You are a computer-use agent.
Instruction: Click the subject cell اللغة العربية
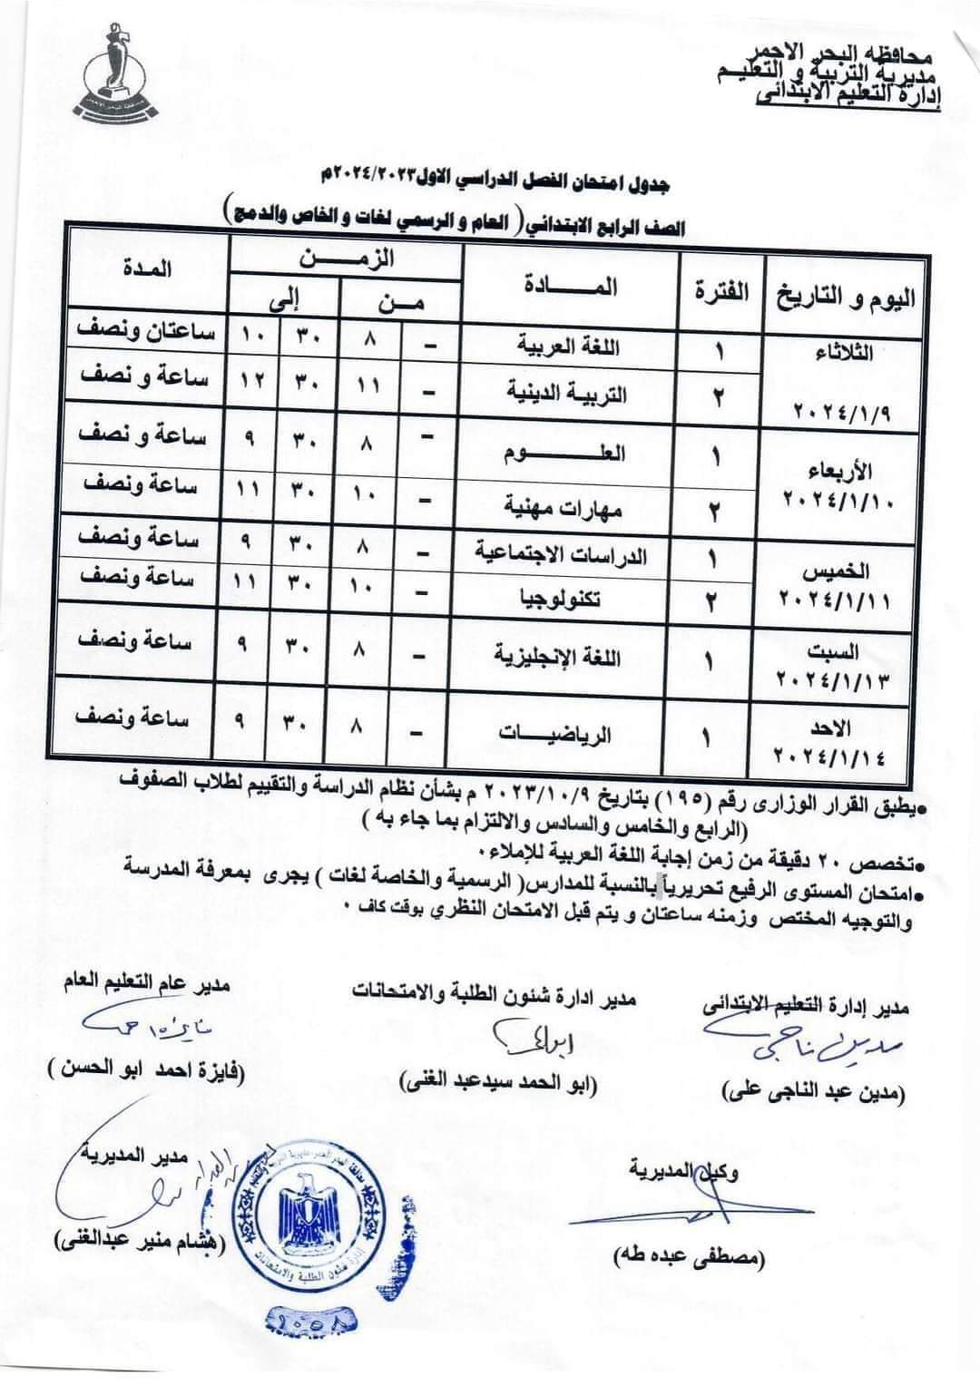tap(569, 346)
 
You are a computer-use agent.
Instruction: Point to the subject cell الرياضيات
tap(555, 733)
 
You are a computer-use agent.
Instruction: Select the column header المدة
tap(144, 268)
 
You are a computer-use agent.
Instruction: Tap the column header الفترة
tap(721, 291)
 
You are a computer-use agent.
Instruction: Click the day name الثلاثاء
tap(844, 354)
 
